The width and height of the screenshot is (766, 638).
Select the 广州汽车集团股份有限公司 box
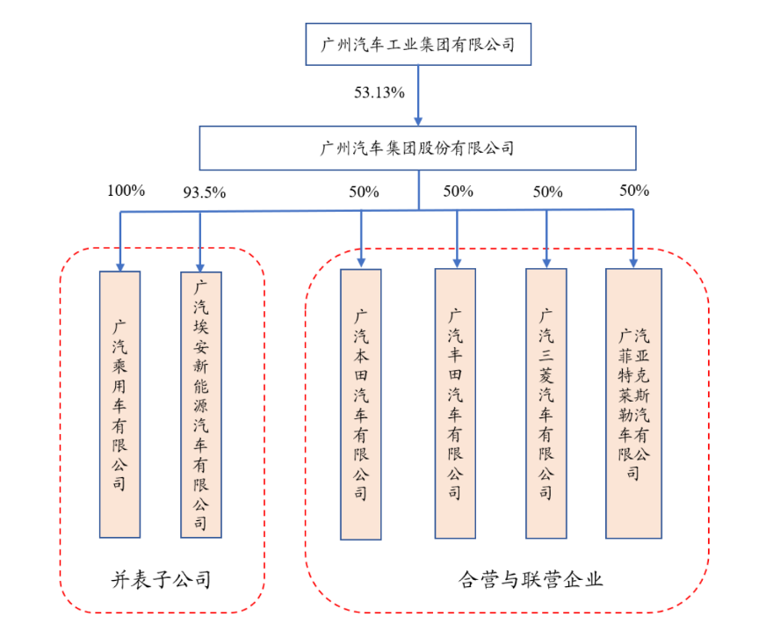tap(418, 148)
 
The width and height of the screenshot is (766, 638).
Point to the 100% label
tap(126, 191)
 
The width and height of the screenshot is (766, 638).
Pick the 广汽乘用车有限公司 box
tap(119, 404)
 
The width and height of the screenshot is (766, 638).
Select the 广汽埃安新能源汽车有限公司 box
tap(200, 404)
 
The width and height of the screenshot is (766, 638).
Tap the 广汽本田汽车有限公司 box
tap(361, 404)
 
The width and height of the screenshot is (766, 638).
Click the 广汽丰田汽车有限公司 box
tap(455, 404)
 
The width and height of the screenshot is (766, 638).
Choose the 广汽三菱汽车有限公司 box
tap(546, 404)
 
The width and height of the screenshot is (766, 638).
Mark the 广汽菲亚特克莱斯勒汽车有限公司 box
tap(633, 404)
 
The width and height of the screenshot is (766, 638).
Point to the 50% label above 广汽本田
tap(363, 192)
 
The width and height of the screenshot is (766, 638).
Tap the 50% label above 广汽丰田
tap(458, 191)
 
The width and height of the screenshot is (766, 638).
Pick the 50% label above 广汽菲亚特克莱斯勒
tap(634, 190)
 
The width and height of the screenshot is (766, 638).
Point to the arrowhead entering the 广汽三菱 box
tap(546, 261)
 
